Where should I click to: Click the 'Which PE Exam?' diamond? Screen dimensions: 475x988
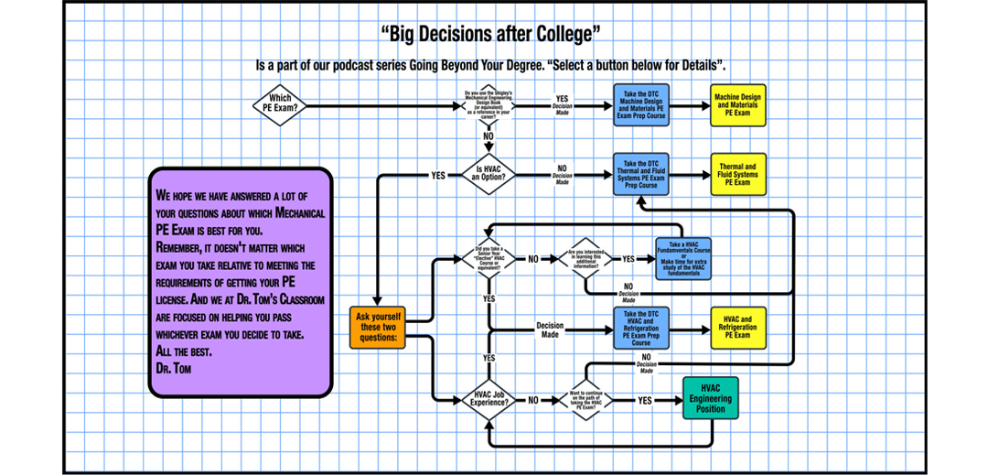pos(280,105)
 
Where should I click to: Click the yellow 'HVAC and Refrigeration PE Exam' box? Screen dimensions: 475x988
pos(737,329)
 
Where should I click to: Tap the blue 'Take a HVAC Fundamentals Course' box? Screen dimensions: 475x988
pos(684,259)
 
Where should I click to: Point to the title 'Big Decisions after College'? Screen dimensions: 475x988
pos(495,35)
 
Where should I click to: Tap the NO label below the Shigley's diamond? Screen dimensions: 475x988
pos(489,136)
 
